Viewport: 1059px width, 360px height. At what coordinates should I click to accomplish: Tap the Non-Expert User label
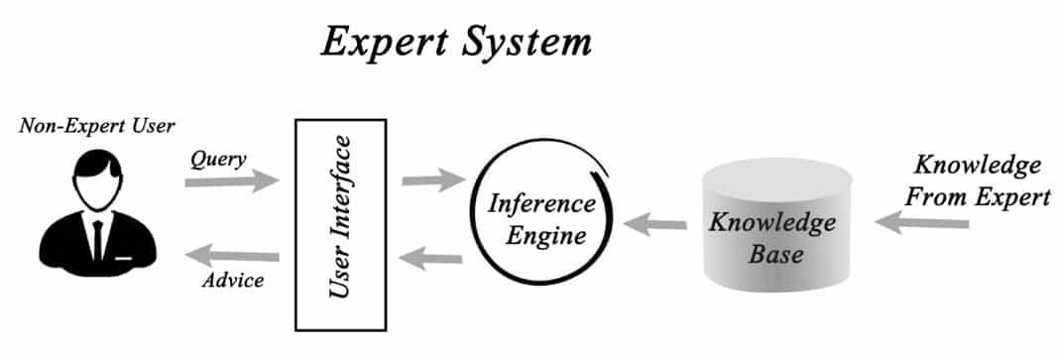[96, 126]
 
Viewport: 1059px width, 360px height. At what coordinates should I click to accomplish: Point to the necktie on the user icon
[98, 236]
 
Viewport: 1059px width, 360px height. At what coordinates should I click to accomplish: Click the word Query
[219, 160]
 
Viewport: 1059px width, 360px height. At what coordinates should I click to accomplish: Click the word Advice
[233, 281]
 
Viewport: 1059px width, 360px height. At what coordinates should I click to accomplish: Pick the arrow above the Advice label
[232, 258]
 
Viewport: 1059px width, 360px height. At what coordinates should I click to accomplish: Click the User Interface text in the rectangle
[339, 224]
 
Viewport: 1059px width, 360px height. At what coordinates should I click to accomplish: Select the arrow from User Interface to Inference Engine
[432, 180]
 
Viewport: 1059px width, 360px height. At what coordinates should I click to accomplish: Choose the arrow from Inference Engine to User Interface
[431, 259]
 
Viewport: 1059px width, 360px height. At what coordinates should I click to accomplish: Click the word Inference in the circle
[541, 205]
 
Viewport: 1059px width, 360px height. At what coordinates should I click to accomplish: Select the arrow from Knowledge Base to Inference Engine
[655, 224]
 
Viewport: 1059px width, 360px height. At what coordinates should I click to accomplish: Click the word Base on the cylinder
[771, 253]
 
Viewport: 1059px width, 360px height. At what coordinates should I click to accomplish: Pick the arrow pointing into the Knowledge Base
[921, 224]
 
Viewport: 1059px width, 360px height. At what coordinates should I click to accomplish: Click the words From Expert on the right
[978, 196]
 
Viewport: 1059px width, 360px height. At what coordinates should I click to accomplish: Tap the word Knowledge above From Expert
[977, 165]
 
